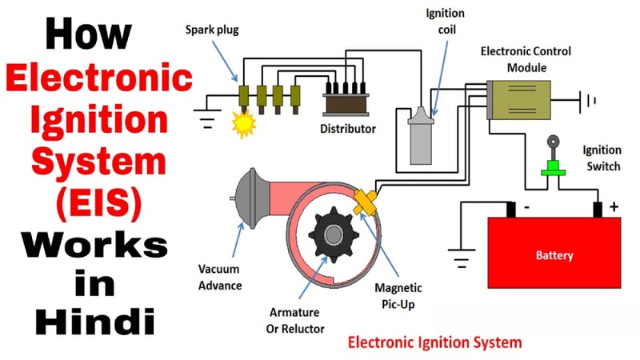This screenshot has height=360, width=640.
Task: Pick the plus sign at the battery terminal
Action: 613,206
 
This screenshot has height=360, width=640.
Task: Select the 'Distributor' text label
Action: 348,128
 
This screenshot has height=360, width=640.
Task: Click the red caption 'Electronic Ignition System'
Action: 434,342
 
